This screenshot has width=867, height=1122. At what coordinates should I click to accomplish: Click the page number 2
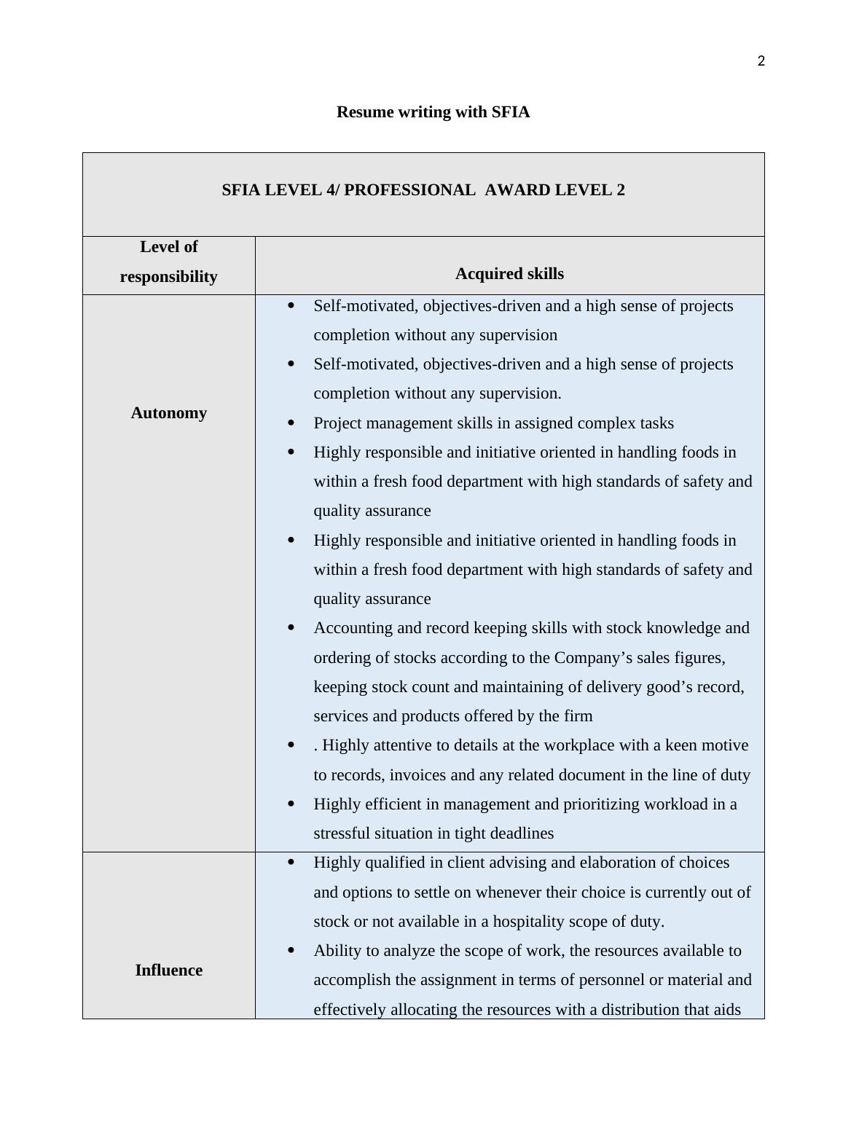tap(761, 61)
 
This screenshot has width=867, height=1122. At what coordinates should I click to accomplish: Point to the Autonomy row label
tap(168, 413)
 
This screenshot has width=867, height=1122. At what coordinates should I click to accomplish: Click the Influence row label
tap(168, 970)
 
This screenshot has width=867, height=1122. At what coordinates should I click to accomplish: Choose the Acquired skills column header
tap(509, 274)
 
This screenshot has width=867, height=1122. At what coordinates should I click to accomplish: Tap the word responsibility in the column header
tap(168, 277)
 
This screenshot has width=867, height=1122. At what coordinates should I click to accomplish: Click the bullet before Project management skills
tap(291, 423)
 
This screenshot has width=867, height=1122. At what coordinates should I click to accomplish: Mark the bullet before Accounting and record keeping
tap(291, 627)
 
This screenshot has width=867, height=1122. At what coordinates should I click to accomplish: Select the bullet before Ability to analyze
tap(291, 950)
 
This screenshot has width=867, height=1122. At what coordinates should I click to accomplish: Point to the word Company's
tap(587, 658)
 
